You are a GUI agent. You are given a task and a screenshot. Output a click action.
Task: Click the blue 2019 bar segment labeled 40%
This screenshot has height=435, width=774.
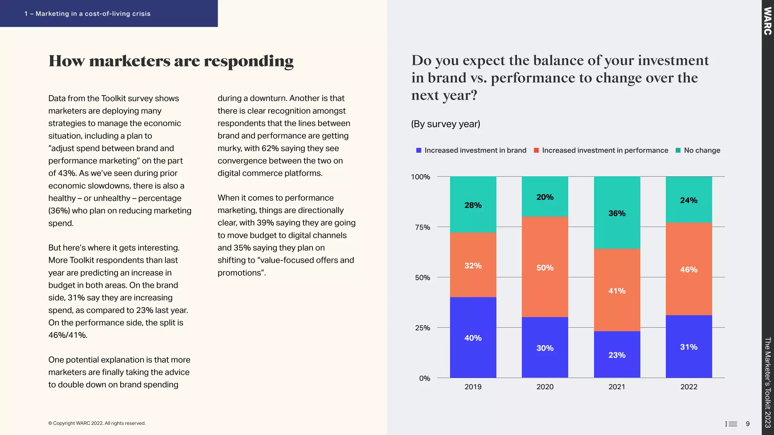click(x=473, y=337)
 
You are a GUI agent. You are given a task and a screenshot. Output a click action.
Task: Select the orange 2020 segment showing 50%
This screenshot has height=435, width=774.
click(x=545, y=267)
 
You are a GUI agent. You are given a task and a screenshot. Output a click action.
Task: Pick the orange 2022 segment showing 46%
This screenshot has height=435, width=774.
click(x=689, y=269)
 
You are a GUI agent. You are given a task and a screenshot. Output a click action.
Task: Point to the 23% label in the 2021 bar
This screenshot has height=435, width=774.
click(x=617, y=355)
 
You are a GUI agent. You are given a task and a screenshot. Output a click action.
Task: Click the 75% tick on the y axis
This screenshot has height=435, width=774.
click(x=422, y=227)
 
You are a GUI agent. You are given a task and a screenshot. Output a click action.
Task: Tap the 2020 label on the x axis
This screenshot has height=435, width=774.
click(x=545, y=387)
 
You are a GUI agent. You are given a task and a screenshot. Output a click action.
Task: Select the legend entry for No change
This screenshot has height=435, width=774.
click(x=701, y=150)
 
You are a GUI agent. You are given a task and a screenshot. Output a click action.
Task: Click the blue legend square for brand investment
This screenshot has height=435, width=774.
click(x=419, y=150)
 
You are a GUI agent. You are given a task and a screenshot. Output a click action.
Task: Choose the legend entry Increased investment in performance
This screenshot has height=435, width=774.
click(x=605, y=150)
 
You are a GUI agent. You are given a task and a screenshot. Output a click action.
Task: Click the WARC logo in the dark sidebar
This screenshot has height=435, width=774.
click(x=767, y=21)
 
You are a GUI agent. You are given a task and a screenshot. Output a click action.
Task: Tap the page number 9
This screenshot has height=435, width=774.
click(x=748, y=424)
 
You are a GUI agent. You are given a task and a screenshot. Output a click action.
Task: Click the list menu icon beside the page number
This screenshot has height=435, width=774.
click(x=731, y=424)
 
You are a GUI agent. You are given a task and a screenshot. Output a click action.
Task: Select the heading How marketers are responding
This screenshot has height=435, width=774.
click(x=171, y=61)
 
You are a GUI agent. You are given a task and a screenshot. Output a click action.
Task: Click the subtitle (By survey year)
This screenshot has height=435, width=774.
click(x=446, y=124)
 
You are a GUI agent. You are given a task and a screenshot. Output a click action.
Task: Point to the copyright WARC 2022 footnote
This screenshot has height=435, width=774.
click(x=97, y=423)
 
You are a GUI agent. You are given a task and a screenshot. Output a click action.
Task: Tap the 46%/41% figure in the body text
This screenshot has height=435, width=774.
click(x=68, y=335)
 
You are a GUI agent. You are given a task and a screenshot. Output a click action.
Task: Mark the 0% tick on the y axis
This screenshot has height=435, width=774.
click(x=424, y=378)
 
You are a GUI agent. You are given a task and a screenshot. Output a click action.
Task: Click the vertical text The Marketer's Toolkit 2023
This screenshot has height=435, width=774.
click(x=767, y=382)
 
